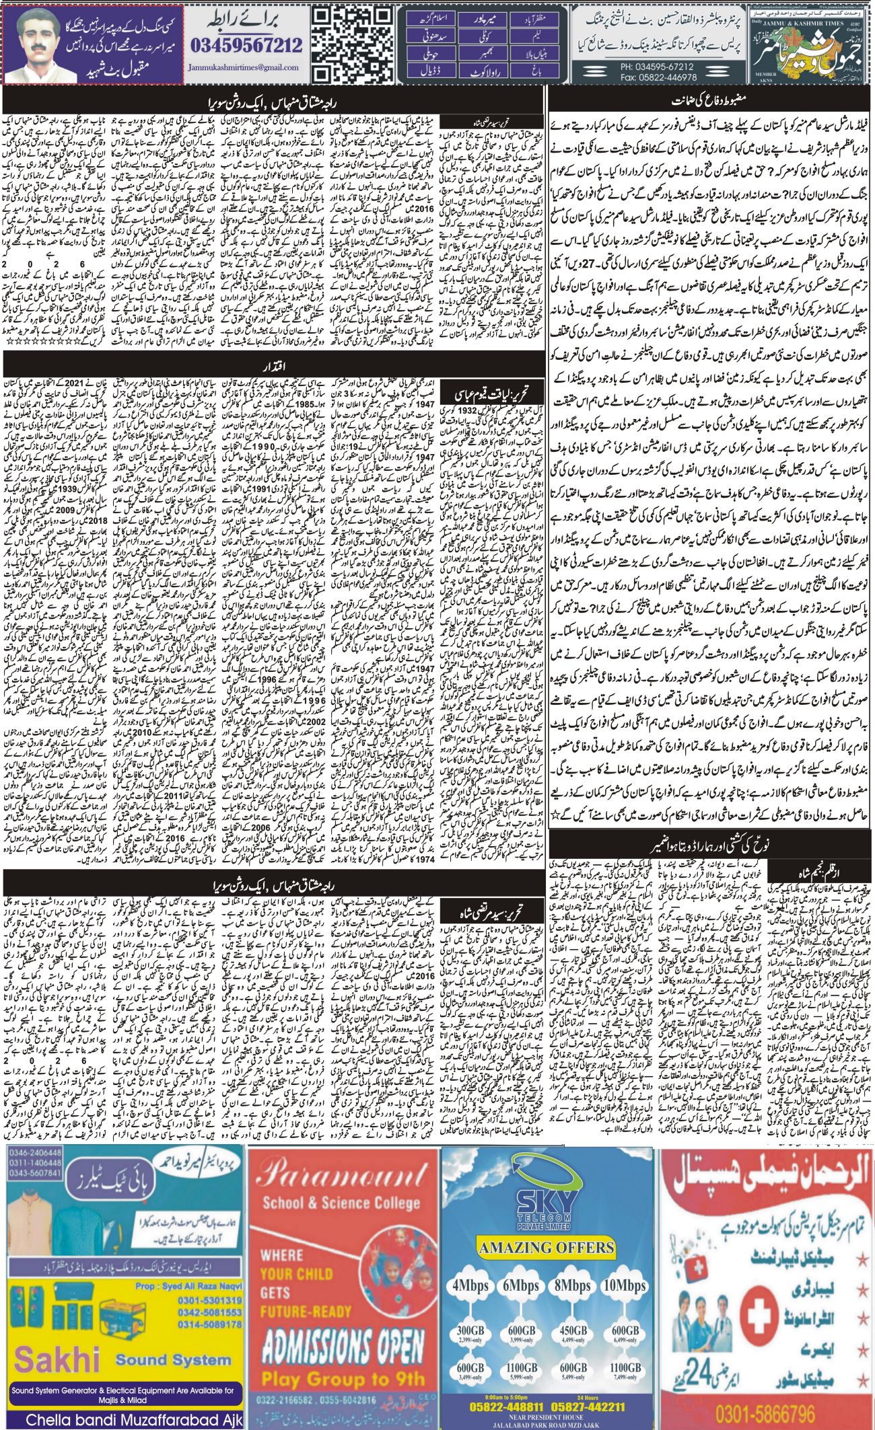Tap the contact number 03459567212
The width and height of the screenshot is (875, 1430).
(x=246, y=46)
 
